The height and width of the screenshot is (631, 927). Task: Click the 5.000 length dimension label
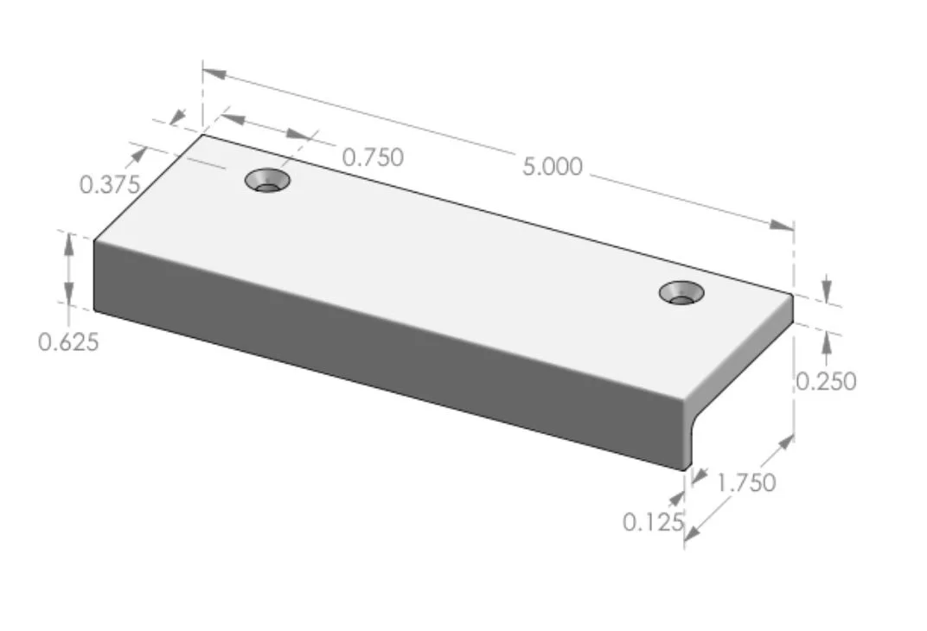(552, 166)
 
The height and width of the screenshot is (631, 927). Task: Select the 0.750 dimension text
(373, 157)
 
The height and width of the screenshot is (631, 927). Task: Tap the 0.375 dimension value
(110, 184)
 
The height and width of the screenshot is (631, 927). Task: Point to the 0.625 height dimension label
(68, 342)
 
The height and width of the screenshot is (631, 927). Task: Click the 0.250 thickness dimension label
(826, 380)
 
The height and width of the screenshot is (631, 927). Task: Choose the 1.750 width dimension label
(746, 482)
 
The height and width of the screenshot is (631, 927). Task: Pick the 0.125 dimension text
(653, 522)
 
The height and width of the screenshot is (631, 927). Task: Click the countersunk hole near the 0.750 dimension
(267, 182)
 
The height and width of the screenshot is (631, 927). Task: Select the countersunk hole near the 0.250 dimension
(681, 293)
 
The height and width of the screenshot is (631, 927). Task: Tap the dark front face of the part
(389, 354)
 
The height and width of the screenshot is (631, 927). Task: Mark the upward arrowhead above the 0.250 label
(827, 341)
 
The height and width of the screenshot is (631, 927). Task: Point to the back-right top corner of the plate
(793, 295)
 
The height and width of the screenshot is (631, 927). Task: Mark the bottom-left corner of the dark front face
(94, 308)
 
